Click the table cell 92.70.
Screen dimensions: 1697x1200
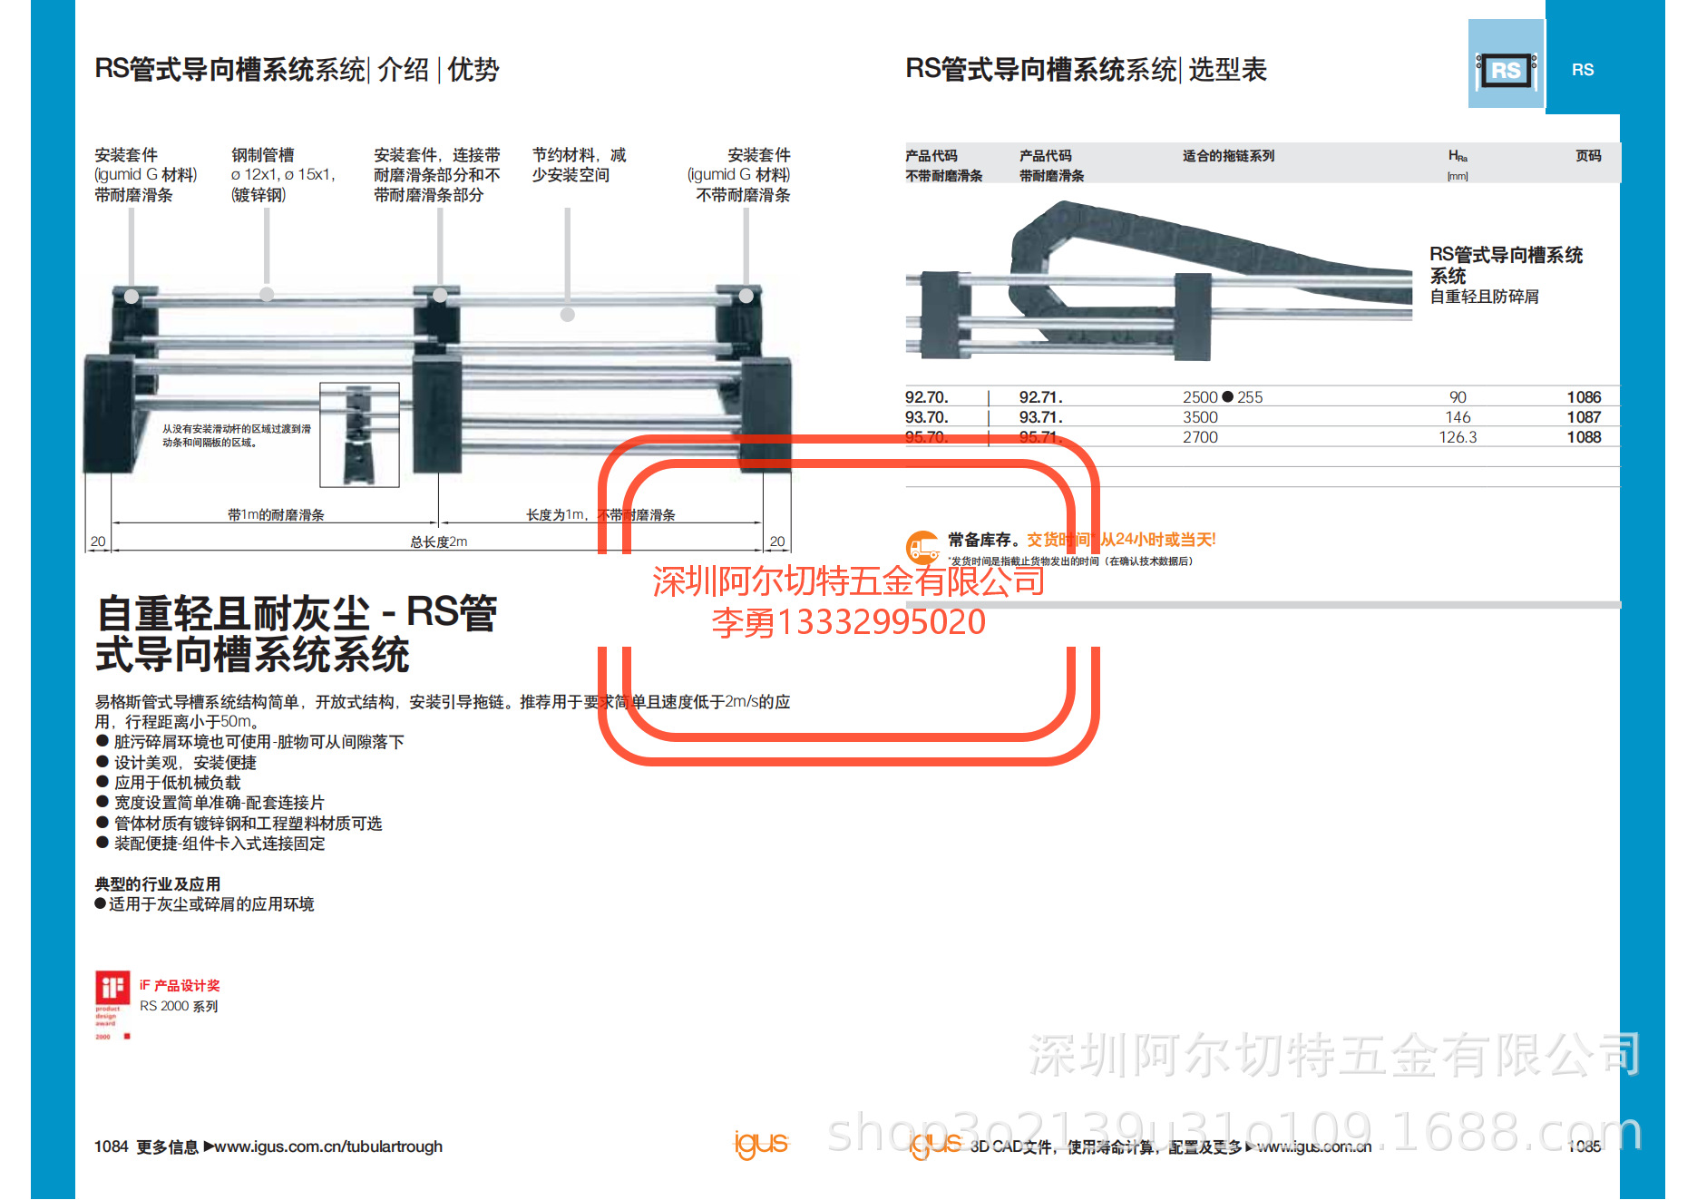pyautogui.click(x=926, y=397)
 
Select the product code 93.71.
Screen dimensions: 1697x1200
pyautogui.click(x=1040, y=417)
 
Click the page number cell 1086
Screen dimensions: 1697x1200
pyautogui.click(x=1583, y=397)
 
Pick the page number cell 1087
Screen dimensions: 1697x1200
pyautogui.click(x=1583, y=417)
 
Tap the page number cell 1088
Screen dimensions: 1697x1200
pyautogui.click(x=1583, y=437)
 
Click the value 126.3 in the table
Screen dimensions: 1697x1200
pyautogui.click(x=1457, y=437)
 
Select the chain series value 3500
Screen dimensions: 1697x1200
pyautogui.click(x=1199, y=417)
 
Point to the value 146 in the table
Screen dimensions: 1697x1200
pyautogui.click(x=1457, y=417)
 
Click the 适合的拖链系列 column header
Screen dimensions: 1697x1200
pyautogui.click(x=1227, y=156)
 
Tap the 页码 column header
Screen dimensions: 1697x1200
pyautogui.click(x=1587, y=156)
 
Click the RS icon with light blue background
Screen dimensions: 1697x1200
pyautogui.click(x=1506, y=65)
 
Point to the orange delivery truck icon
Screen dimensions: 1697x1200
pyautogui.click(x=923, y=547)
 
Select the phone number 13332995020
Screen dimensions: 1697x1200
pyautogui.click(x=881, y=622)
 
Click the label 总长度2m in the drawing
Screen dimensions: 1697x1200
pyautogui.click(x=438, y=542)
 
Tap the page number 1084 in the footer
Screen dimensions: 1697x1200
pyautogui.click(x=111, y=1146)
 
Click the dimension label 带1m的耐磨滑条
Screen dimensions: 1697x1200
pyautogui.click(x=276, y=515)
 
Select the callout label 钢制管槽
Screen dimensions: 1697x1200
pyautogui.click(x=262, y=155)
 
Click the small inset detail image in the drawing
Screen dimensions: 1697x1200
pyautogui.click(x=359, y=434)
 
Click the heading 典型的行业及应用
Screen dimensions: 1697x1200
pyautogui.click(x=158, y=883)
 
